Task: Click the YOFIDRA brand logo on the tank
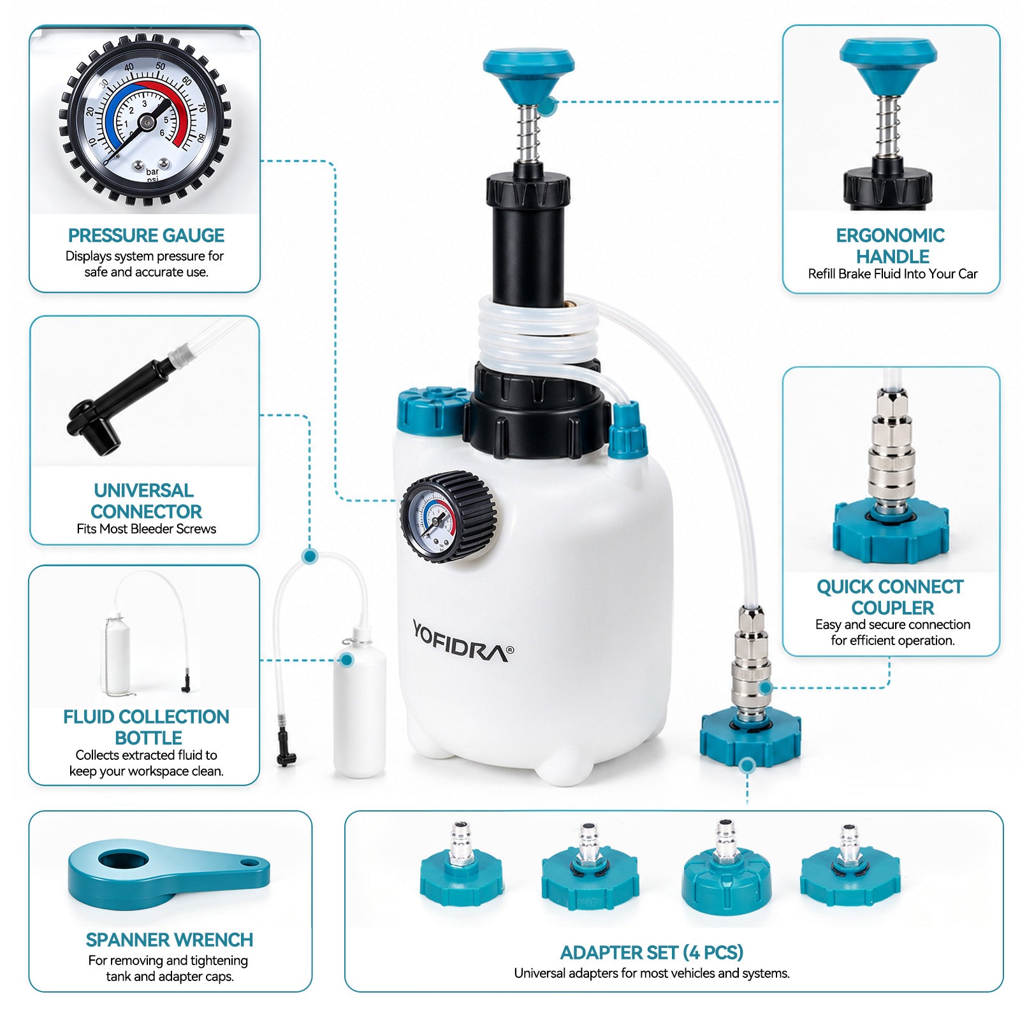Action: pos(462,641)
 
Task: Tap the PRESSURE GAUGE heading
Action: pos(146,235)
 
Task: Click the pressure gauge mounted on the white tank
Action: pos(448,516)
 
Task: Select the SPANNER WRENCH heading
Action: pos(170,940)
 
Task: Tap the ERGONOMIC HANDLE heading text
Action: pos(891,246)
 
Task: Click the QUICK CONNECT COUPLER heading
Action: pos(891,597)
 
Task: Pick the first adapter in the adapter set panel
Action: pos(462,864)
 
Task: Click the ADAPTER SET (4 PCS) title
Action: pos(652,952)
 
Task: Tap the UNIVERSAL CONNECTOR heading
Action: pos(146,500)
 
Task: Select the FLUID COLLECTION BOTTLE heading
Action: pos(146,727)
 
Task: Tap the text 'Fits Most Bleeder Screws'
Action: pos(146,528)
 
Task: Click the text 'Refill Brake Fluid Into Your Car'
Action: pos(892,274)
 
